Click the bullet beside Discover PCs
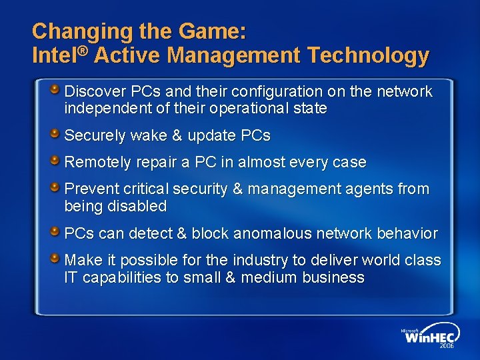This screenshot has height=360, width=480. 58,89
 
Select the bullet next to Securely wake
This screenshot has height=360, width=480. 58,133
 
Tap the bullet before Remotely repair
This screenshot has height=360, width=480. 58,159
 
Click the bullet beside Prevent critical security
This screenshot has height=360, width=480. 58,186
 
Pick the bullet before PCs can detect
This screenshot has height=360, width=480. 58,231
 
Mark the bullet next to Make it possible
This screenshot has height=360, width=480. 58,257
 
